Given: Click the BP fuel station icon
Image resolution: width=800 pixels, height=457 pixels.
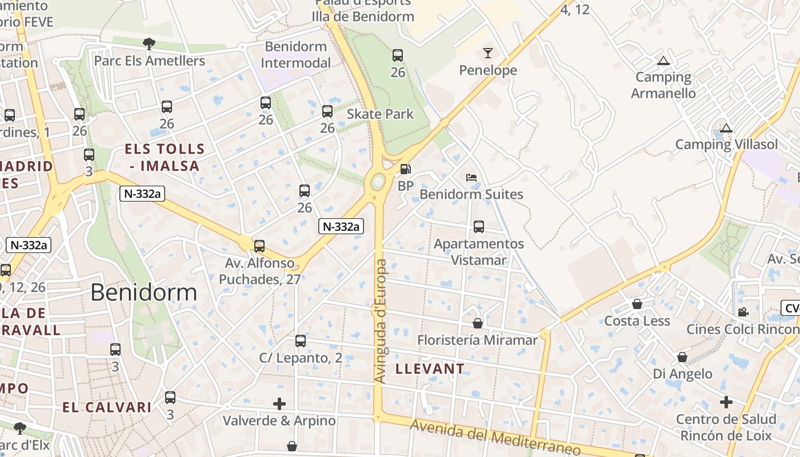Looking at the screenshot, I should click(405, 169).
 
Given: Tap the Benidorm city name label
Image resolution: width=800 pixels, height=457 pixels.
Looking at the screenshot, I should click(143, 292).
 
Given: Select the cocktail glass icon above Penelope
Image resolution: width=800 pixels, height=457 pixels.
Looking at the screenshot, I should click(487, 53).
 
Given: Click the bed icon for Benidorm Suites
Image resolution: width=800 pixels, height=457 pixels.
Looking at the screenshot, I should click(471, 178).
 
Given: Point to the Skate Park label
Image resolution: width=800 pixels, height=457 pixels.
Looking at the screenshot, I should click(380, 114).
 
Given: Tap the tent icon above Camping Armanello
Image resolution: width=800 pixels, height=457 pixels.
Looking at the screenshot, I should click(663, 61).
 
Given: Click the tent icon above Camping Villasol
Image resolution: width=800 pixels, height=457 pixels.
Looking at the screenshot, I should click(726, 128).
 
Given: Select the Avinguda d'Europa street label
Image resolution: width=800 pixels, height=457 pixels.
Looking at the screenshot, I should click(381, 320).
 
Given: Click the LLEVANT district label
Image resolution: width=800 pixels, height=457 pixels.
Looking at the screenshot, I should click(430, 368).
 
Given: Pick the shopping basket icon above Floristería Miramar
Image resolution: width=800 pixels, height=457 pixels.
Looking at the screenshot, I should click(478, 323).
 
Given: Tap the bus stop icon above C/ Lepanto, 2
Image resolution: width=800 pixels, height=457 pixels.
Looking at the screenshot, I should click(301, 341).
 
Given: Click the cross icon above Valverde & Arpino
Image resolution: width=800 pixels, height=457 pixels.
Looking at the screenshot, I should click(279, 404).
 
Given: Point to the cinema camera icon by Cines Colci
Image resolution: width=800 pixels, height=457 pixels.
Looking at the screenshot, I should click(743, 312).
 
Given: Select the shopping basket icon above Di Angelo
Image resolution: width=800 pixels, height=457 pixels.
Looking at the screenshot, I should click(682, 357).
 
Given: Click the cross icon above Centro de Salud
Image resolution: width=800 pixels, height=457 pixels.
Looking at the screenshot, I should click(726, 402).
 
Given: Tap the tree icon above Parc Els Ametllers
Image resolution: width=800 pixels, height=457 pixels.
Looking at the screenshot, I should click(149, 43).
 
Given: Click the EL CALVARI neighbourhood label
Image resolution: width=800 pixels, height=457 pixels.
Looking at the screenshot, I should click(107, 407).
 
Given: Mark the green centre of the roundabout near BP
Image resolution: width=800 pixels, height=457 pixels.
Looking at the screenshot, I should click(378, 182).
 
